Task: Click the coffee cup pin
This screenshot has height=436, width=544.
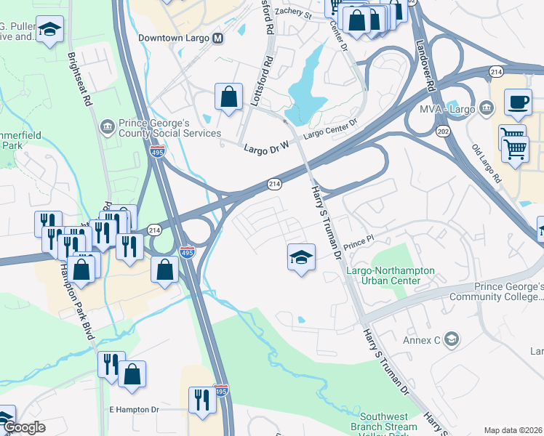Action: (x=518, y=103)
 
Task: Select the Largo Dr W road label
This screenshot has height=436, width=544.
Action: (x=265, y=148)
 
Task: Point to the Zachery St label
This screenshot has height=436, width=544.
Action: (x=295, y=15)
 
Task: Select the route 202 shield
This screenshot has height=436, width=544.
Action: (x=442, y=130)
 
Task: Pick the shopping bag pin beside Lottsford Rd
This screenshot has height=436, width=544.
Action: (x=228, y=97)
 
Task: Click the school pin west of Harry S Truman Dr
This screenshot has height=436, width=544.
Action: (x=301, y=257)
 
